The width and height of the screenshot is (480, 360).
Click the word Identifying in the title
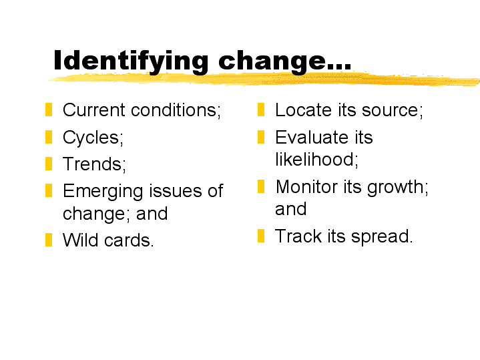coord(131,62)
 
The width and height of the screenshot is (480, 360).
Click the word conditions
coord(175,110)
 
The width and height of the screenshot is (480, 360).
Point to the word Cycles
coord(93,138)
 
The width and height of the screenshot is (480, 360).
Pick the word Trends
coord(94,164)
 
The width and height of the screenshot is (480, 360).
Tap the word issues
coord(176,190)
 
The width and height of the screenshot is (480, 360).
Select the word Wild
coord(81,240)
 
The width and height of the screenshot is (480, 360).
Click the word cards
coord(129,240)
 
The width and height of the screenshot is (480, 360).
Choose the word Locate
coord(303,110)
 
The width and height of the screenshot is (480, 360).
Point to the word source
coord(392,110)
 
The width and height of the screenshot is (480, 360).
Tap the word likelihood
coord(316,160)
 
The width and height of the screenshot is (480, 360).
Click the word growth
coord(398,188)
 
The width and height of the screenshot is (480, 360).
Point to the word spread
coord(382,237)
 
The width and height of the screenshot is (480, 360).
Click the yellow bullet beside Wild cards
coord(49,240)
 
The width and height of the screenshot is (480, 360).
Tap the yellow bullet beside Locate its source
coord(261,110)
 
